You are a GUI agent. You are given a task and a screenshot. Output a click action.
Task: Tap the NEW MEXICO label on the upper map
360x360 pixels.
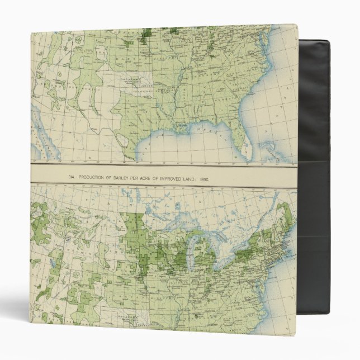coord(84,89)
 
